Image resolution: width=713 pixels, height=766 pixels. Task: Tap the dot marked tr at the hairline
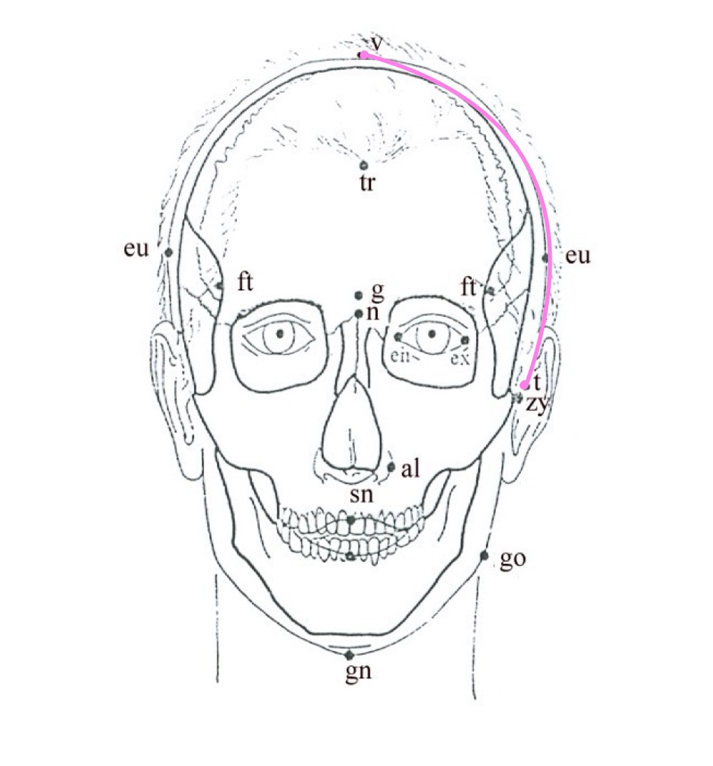coord(365,166)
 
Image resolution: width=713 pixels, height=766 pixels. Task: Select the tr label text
coord(368,183)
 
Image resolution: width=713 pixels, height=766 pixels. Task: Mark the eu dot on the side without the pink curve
coord(169,252)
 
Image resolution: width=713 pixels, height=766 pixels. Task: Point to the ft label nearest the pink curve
coord(469,287)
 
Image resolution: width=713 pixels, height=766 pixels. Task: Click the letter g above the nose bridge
coord(378,291)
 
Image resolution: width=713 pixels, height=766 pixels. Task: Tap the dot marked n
coord(359,313)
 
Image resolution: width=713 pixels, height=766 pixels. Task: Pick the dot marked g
coord(359,296)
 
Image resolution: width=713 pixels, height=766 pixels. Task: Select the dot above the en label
coord(398,337)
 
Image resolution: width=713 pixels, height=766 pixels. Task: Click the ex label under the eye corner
coord(460,357)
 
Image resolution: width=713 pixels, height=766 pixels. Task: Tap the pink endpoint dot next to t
coord(525,385)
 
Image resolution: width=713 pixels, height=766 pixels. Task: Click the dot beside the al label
coord(391,467)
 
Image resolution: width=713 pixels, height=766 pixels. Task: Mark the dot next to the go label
coord(485,555)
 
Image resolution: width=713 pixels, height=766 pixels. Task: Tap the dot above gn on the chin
coord(349,655)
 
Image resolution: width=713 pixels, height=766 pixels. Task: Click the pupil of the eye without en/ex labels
coord(280,333)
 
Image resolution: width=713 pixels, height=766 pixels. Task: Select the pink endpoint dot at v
coord(364,55)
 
